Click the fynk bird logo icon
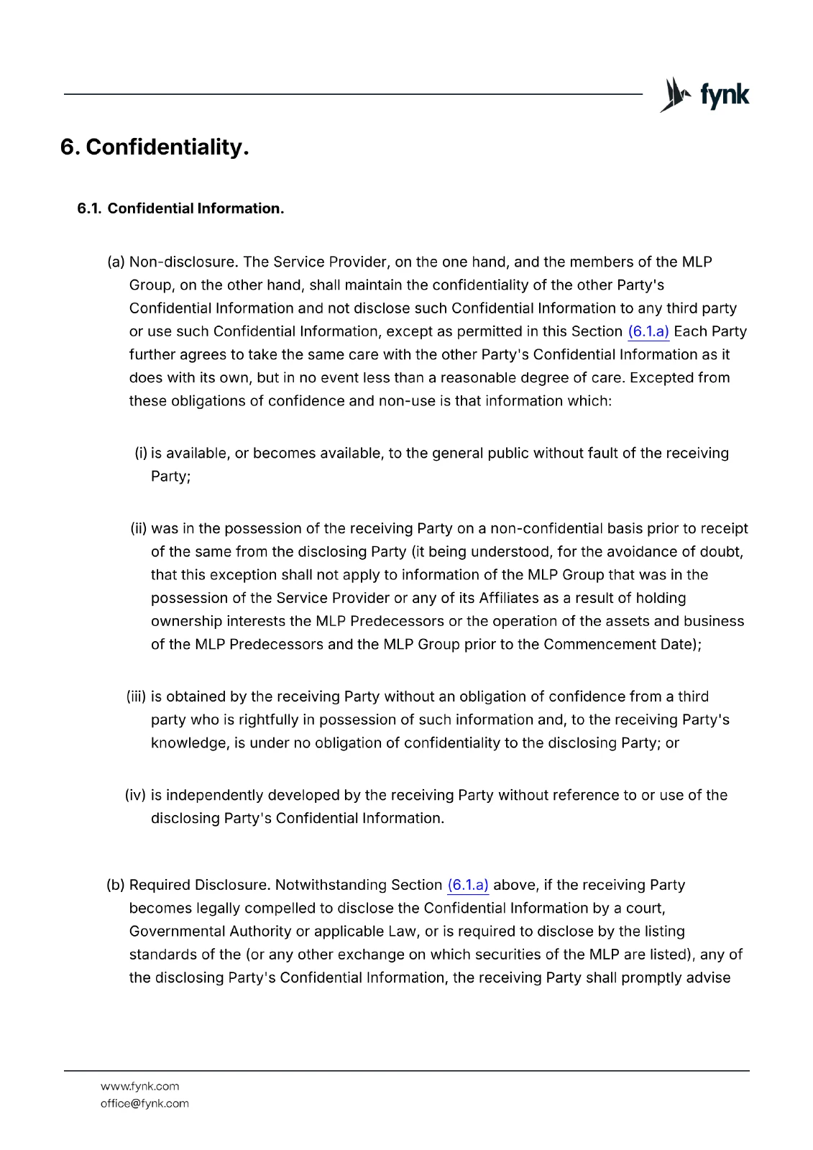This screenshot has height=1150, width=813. pos(676,95)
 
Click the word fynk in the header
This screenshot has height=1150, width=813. pos(725,95)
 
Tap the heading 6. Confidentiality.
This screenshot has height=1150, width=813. pos(155,147)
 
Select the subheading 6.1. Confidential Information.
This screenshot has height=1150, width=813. pos(180,208)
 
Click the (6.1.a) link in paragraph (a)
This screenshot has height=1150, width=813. pos(648,331)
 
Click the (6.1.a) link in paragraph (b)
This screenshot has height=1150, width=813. pos(468,885)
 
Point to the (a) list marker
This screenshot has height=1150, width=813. pos(116,262)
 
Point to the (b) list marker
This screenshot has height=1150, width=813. pos(116,885)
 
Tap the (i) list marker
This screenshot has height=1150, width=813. pos(141,453)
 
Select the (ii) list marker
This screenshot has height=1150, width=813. pos(139,528)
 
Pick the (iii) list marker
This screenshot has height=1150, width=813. pos(137,696)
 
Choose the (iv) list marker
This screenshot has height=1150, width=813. pos(136,795)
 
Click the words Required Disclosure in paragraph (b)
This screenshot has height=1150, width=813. pos(200,885)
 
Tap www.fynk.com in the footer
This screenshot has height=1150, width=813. pos(140,1086)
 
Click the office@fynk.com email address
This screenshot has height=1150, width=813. pos(144,1103)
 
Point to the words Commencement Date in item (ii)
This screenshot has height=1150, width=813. pos(619,644)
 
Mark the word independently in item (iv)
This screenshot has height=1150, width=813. pos(214,795)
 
